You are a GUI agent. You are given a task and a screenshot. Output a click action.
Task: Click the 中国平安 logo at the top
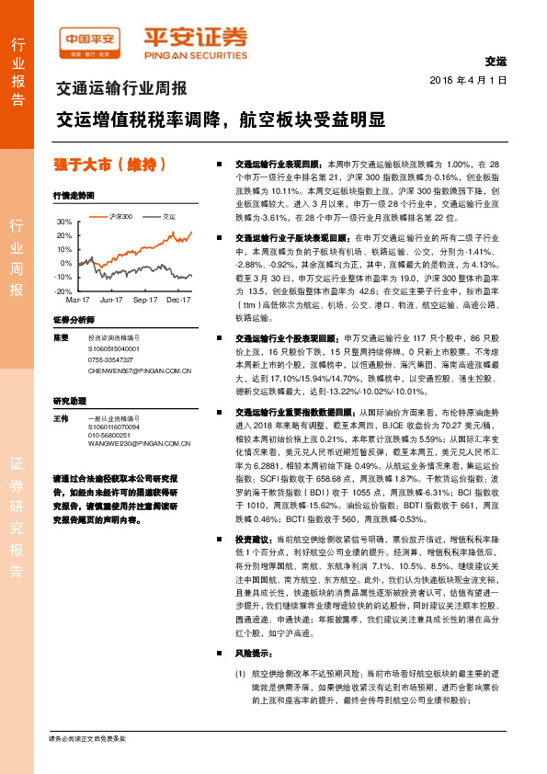point(90,40)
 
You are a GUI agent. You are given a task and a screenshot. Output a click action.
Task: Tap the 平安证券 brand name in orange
point(194,39)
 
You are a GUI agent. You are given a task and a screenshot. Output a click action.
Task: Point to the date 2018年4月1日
point(468,81)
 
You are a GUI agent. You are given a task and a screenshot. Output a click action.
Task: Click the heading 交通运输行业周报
point(121,90)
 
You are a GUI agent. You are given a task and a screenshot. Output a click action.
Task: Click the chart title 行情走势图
point(74,196)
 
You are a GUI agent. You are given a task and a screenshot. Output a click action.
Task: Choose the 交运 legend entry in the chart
point(168,217)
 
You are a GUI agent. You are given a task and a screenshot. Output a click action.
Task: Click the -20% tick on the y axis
point(63,290)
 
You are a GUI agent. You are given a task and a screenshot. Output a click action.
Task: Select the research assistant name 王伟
point(61,419)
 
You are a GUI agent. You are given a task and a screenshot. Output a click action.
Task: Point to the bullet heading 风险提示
point(253,654)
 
